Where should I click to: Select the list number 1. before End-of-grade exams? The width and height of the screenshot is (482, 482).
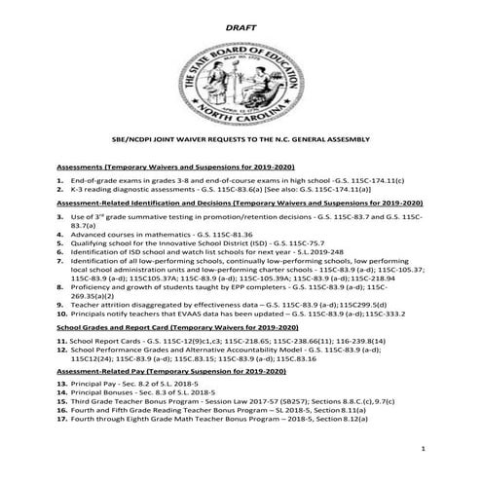point(61,180)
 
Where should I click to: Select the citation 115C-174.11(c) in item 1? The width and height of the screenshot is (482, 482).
point(375,180)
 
